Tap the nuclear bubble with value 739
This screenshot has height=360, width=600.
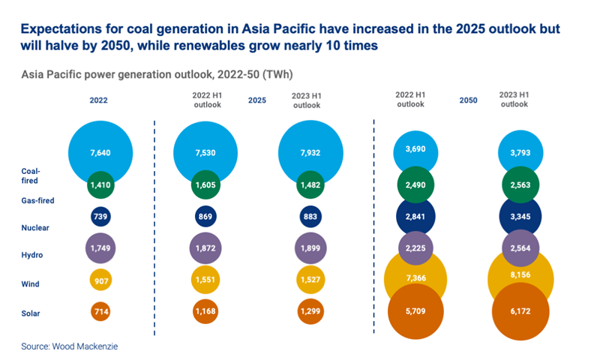point(100,216)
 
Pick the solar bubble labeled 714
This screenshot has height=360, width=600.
point(100,310)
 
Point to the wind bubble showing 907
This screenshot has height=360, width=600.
point(100,280)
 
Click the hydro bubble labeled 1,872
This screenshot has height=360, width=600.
point(205,248)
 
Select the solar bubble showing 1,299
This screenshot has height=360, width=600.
point(310,310)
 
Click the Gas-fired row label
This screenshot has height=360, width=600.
point(38,201)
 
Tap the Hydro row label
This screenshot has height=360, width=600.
point(32,255)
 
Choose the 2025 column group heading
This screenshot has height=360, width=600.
point(257,100)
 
